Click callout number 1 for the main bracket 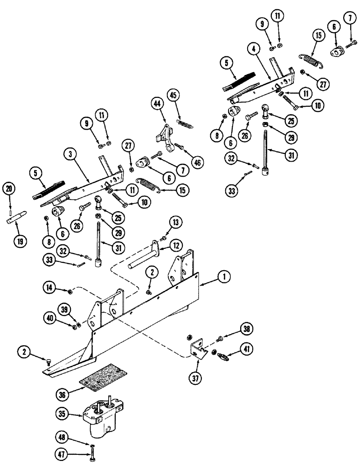(224, 278)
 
